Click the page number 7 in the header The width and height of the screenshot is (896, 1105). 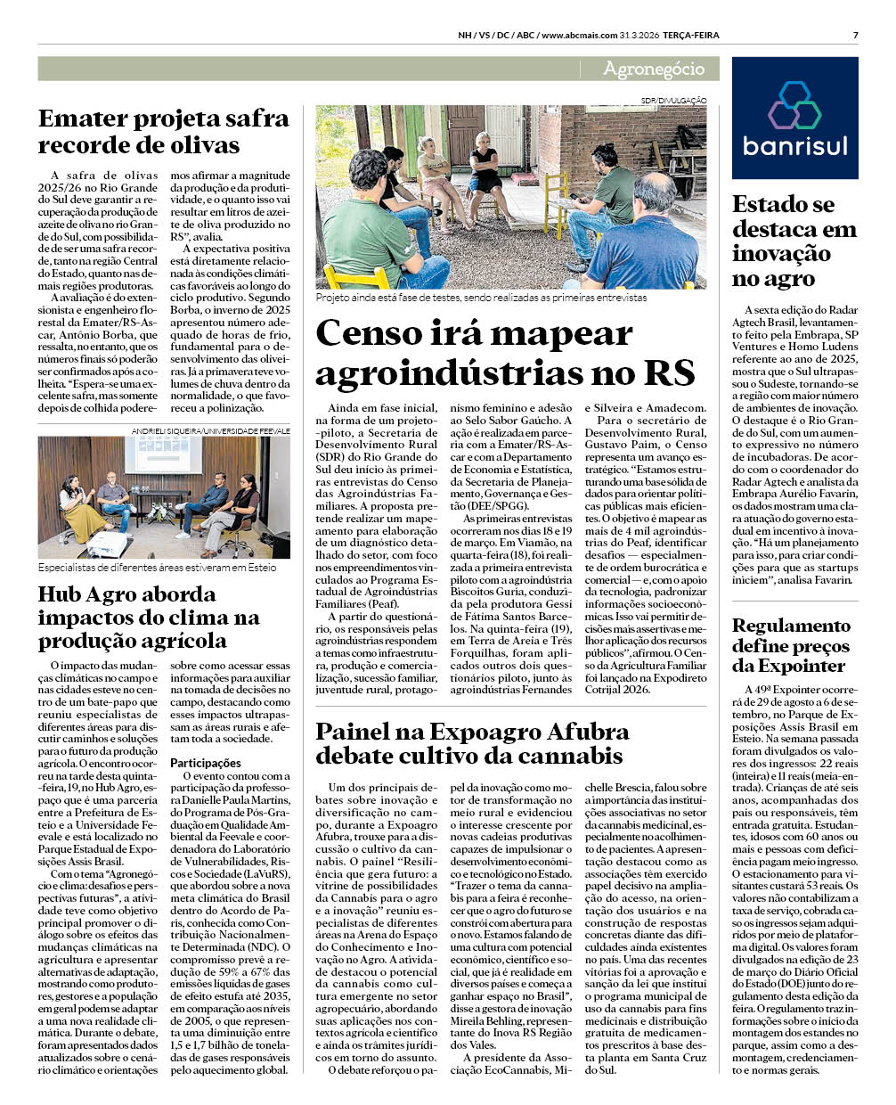855,36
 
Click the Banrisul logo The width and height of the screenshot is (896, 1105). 794,119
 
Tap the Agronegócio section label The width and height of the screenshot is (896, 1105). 653,69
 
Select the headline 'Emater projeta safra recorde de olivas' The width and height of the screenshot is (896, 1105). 164,132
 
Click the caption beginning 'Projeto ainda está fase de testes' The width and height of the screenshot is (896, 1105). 481,298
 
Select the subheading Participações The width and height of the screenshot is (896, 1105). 206,763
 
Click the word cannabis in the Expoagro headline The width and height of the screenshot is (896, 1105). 574,756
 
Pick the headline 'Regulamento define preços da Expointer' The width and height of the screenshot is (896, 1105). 791,645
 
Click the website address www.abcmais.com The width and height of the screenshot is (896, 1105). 580,36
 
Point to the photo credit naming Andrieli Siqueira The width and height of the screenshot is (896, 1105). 211,430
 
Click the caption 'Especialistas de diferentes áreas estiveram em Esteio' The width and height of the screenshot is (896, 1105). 157,567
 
